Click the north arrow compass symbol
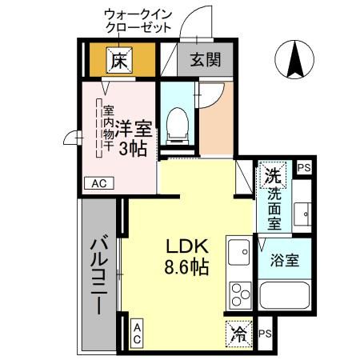(x=294, y=58)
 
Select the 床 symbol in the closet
(x=119, y=60)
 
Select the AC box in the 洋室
(x=98, y=184)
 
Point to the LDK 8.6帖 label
(x=187, y=256)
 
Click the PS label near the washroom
(x=303, y=168)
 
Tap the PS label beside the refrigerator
(x=265, y=334)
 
